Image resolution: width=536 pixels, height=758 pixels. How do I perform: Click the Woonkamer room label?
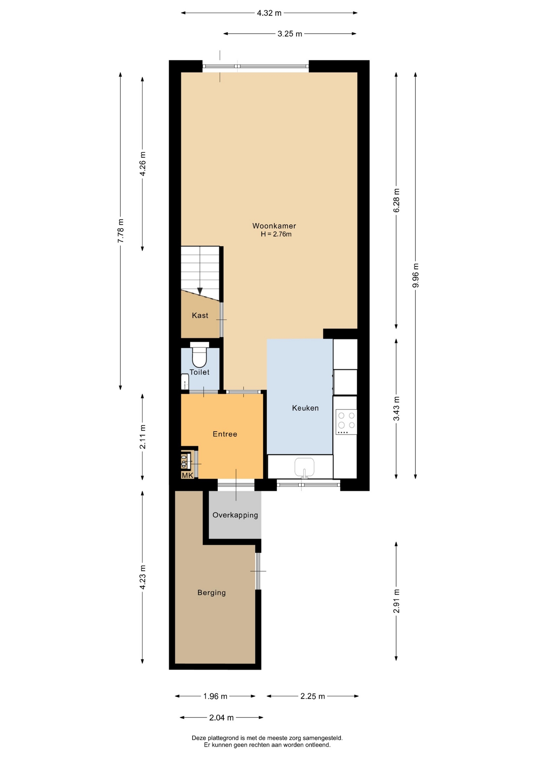(x=274, y=226)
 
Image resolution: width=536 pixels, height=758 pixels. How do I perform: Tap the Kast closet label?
(x=200, y=315)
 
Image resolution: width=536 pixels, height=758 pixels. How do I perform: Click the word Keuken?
(x=305, y=408)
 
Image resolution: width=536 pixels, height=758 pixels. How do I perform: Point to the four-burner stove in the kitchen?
(x=346, y=422)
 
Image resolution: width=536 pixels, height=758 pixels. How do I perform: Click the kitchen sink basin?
(x=304, y=467)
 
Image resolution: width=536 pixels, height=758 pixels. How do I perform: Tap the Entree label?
(x=225, y=434)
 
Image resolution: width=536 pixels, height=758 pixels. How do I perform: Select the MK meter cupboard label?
(x=187, y=475)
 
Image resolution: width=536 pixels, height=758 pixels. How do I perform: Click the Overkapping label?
(x=235, y=515)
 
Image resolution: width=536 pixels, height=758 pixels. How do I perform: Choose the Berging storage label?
(x=212, y=592)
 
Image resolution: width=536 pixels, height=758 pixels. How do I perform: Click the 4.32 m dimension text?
(x=269, y=13)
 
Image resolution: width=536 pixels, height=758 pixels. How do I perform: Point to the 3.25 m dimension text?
(x=290, y=34)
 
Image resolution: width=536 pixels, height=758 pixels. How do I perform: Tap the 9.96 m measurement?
(x=415, y=275)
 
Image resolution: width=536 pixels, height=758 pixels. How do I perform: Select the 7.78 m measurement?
(x=121, y=231)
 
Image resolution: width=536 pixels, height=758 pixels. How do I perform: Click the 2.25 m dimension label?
(x=313, y=696)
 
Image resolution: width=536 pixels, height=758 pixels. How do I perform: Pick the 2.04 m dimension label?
(x=221, y=718)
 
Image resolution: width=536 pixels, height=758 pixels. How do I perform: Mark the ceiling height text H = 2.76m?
(x=276, y=234)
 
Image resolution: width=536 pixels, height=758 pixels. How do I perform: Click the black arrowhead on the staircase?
(x=200, y=291)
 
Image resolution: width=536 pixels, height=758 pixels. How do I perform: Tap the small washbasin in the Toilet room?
(x=185, y=382)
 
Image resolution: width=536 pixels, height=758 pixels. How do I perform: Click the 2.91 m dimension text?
(x=397, y=601)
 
